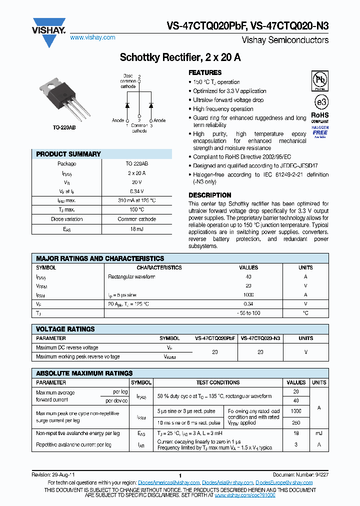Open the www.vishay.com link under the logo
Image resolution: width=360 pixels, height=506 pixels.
coord(92,37)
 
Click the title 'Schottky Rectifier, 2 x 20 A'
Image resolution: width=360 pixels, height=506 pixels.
coord(180,57)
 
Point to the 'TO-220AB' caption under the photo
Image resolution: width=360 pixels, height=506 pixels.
coord(64,128)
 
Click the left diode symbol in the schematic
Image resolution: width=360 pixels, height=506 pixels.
coord(127,105)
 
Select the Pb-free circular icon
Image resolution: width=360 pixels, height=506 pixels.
coord(320,79)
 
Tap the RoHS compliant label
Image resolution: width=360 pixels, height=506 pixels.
coord(320,118)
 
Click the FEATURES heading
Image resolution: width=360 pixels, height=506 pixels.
coord(205,72)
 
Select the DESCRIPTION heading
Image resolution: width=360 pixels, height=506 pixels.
coord(209,195)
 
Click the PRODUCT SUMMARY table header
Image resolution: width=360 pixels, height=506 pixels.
coord(68,154)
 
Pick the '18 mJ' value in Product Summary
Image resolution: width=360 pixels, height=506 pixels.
coord(137,228)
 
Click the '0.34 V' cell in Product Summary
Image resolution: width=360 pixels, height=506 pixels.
coord(137,191)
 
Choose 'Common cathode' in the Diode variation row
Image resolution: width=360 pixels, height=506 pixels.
coord(137,219)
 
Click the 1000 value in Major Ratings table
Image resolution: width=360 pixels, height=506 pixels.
coord(248,294)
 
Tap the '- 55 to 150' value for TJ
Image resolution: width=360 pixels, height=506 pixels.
coord(248,312)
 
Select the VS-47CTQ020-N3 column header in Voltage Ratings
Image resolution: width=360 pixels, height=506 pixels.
coord(260,338)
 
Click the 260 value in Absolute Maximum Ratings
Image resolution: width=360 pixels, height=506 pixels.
coord(296,422)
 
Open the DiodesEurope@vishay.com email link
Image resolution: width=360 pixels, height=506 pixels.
coord(284,482)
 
